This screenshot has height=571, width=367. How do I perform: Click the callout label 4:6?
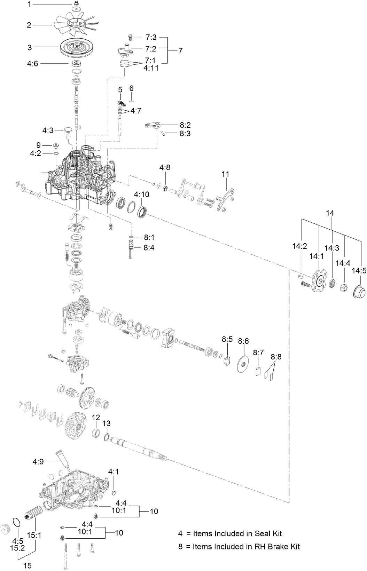33,63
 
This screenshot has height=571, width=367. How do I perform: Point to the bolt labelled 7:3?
130,36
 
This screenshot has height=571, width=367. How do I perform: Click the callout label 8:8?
276,357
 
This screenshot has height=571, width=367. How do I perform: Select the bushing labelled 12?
96,433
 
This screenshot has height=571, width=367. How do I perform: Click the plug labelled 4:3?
68,130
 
